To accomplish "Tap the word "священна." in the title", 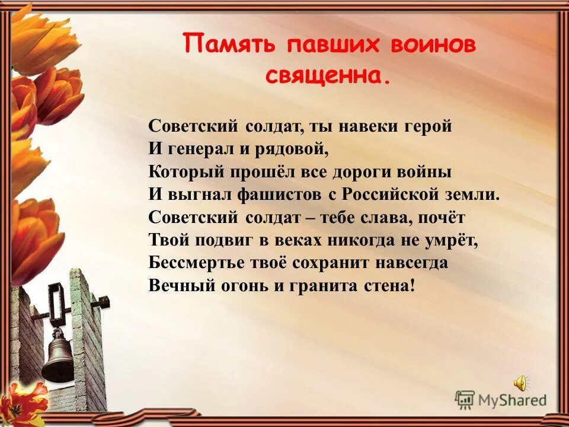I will click(327, 76).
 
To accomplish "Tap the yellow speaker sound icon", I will click(520, 384).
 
